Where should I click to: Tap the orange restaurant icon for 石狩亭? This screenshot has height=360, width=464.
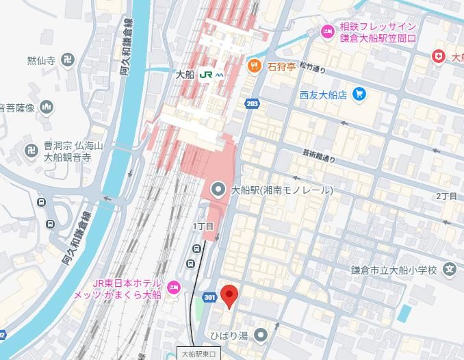254,66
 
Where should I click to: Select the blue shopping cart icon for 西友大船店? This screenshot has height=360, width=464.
359,94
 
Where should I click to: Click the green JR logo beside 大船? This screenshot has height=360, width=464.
205,75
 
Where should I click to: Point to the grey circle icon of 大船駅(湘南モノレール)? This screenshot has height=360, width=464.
218,190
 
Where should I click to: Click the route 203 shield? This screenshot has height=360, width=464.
253,103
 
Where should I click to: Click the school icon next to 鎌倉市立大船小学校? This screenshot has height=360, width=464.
448,269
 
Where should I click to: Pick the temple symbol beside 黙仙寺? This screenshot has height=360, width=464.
66,61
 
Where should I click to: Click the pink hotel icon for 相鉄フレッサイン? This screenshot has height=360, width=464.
328,31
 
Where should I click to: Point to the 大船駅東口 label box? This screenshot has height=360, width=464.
198,354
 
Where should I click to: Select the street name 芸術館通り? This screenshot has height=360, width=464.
320,157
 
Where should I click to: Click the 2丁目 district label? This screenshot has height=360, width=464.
446,196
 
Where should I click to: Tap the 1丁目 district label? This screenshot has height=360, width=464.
203,227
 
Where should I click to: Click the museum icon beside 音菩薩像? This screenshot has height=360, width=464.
47,107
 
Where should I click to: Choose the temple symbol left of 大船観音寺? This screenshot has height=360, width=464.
31,151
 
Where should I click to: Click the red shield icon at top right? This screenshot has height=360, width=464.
438,57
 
